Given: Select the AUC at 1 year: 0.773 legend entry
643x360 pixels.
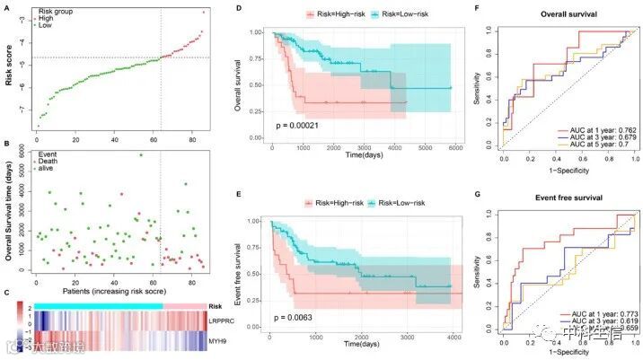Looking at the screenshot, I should point(595,314).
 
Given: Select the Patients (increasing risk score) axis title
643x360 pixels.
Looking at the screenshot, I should point(119,292).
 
